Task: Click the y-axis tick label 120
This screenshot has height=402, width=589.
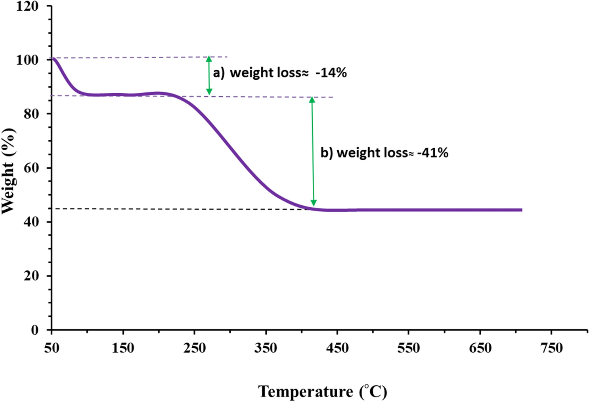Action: [x=27, y=6]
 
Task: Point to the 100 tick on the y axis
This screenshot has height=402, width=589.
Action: [x=27, y=60]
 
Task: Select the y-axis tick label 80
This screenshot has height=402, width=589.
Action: [x=31, y=114]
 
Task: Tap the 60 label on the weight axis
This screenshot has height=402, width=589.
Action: [x=31, y=168]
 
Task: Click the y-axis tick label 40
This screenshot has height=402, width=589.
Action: [x=31, y=222]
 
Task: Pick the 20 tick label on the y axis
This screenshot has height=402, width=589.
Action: [x=31, y=276]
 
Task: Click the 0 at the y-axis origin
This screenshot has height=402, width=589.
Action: [x=35, y=329]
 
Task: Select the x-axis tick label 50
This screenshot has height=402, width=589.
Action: [x=52, y=348]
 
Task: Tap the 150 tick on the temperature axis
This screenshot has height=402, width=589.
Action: [x=123, y=348]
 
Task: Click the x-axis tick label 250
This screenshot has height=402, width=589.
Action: [x=194, y=348]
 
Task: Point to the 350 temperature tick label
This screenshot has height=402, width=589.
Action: [x=266, y=348]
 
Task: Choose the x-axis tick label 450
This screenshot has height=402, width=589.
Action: [x=337, y=348]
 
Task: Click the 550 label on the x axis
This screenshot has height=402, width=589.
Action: [x=409, y=348]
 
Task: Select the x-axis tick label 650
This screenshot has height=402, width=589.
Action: [x=480, y=348]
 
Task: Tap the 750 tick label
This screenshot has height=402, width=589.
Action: [x=551, y=348]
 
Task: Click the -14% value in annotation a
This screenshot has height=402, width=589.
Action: [x=331, y=73]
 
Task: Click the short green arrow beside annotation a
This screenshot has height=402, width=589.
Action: [x=209, y=76]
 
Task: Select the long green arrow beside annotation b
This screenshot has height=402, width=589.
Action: [x=313, y=151]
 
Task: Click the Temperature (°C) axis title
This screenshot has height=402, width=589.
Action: [x=323, y=392]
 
